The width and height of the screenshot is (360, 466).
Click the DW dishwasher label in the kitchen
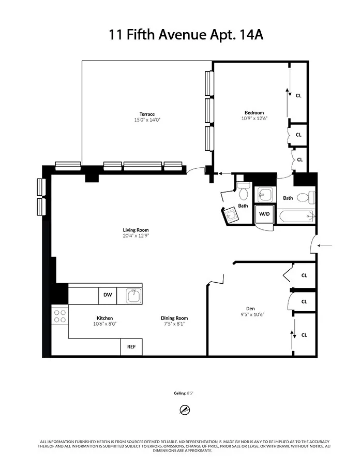(x=108, y=295)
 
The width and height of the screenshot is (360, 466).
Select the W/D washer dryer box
(x=264, y=213)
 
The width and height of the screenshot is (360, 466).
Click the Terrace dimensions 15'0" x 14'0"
(x=147, y=120)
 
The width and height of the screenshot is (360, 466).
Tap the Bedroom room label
(x=254, y=113)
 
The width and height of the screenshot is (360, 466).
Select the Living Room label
(x=136, y=230)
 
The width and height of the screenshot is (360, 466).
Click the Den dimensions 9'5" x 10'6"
(x=252, y=313)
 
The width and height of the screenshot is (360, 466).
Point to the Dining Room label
(x=174, y=318)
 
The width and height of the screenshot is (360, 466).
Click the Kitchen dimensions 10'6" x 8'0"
(x=104, y=324)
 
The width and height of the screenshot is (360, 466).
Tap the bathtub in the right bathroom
(x=295, y=216)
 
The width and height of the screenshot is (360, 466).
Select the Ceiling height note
(x=184, y=393)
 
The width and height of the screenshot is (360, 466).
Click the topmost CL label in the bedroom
(x=298, y=95)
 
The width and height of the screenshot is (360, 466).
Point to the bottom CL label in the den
(x=304, y=335)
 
